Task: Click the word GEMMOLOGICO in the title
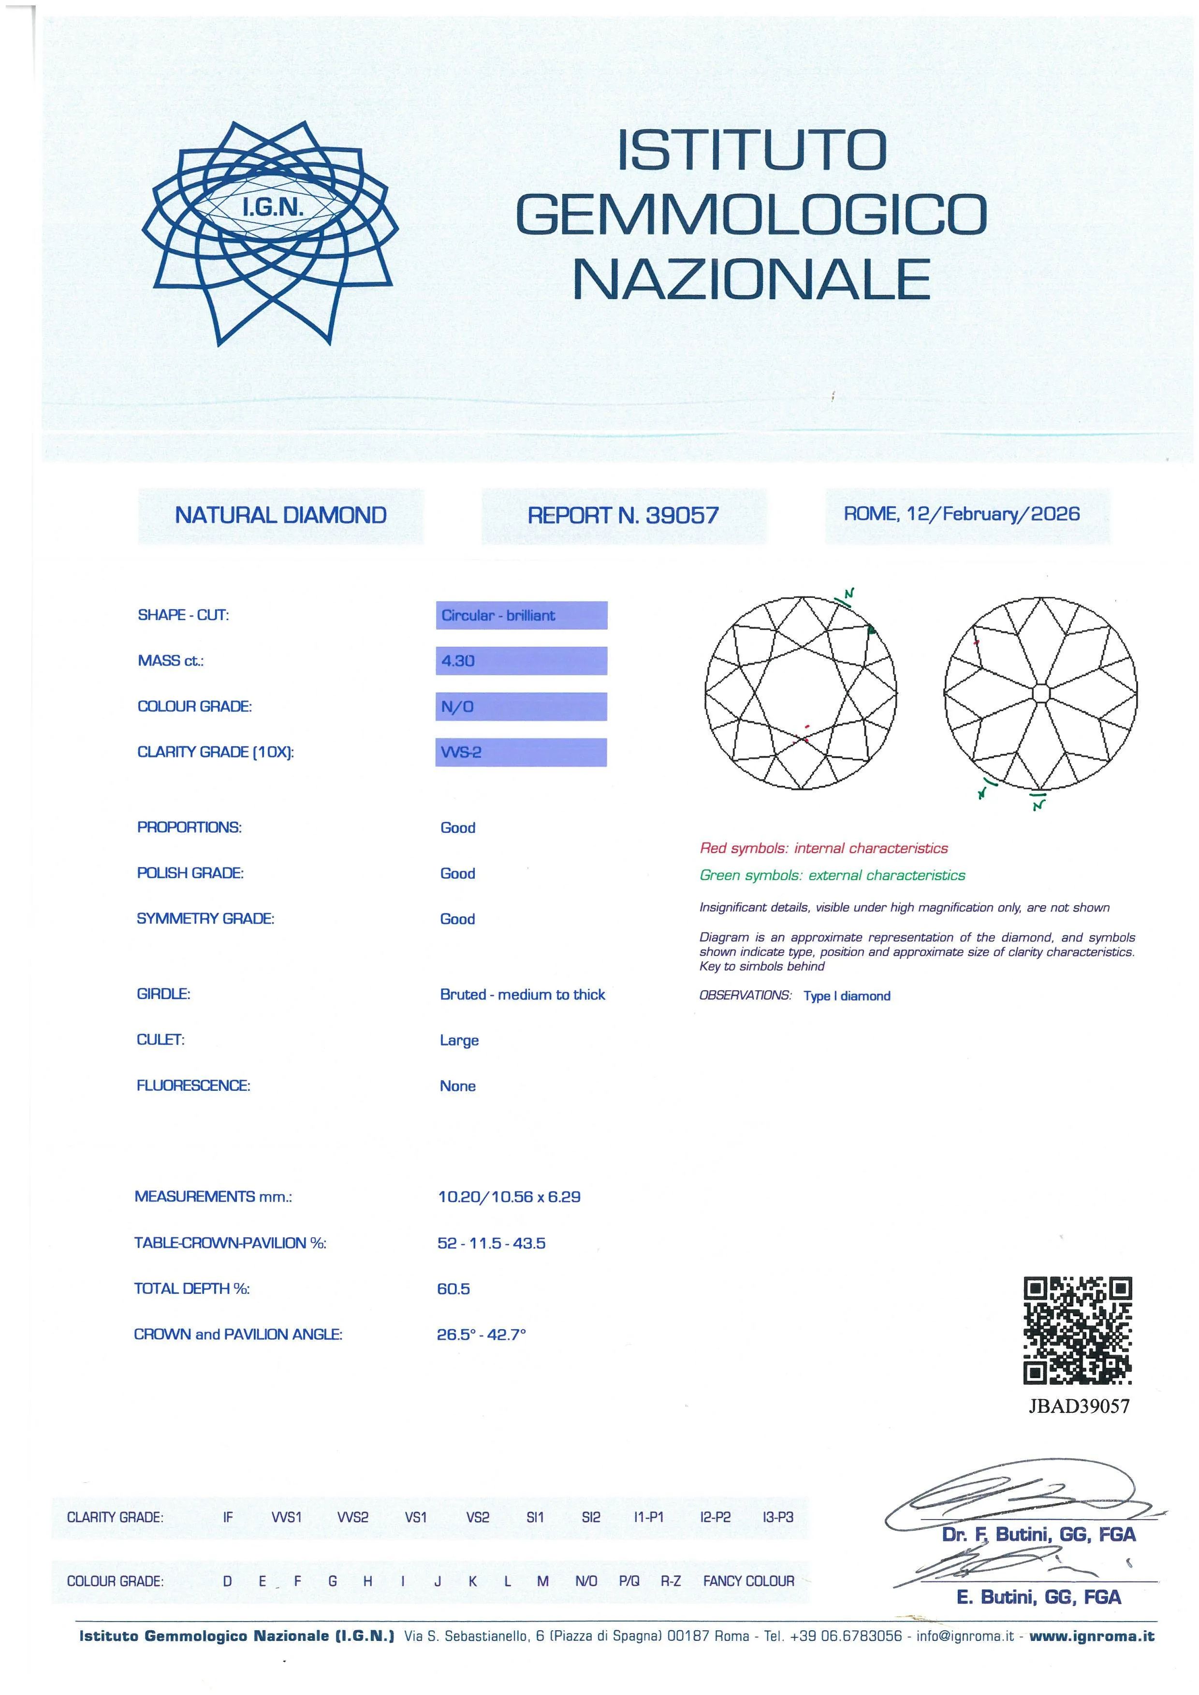pyautogui.click(x=750, y=214)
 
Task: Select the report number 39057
pyautogui.click(x=682, y=515)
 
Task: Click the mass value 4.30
pyautogui.click(x=458, y=661)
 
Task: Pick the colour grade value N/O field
pyautogui.click(x=521, y=707)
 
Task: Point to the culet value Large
pyautogui.click(x=459, y=1040)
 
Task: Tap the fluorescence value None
pyautogui.click(x=458, y=1086)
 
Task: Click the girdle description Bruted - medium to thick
pyautogui.click(x=522, y=994)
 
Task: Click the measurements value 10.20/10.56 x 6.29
pyautogui.click(x=509, y=1197)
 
